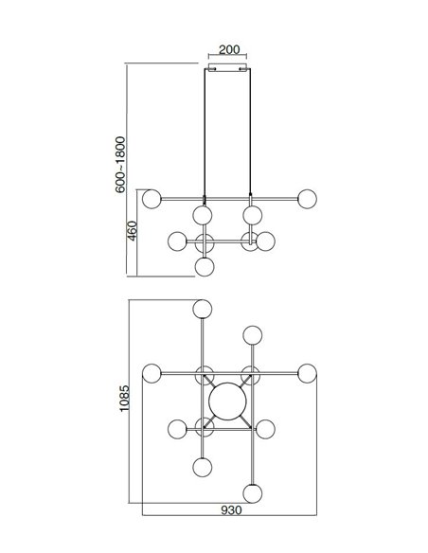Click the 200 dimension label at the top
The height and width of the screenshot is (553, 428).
point(229,50)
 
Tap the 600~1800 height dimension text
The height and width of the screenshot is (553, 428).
point(120,165)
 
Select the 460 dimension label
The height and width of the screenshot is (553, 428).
point(132,231)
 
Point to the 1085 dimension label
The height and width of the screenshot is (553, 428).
point(124,398)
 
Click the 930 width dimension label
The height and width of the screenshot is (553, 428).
point(232,510)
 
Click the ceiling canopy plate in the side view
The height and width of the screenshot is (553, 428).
point(228,67)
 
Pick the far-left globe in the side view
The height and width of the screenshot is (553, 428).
point(152,199)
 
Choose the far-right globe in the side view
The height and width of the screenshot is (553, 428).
point(307,199)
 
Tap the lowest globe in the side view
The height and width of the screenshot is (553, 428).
point(205,267)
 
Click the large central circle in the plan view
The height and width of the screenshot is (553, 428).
point(227,401)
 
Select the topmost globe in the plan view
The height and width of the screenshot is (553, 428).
point(203,309)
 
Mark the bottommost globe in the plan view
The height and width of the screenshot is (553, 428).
point(253,493)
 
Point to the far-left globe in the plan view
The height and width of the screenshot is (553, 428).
point(152,373)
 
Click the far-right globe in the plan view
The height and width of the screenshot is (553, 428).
point(307,373)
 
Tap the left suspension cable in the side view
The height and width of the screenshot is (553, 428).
point(205,133)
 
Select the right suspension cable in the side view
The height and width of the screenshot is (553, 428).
point(250,132)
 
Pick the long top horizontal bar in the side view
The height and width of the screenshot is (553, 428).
point(229,199)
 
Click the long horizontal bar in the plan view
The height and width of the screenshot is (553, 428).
point(229,373)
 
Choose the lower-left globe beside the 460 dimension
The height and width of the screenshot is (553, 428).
point(177,241)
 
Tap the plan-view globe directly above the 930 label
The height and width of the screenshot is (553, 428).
point(253,493)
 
